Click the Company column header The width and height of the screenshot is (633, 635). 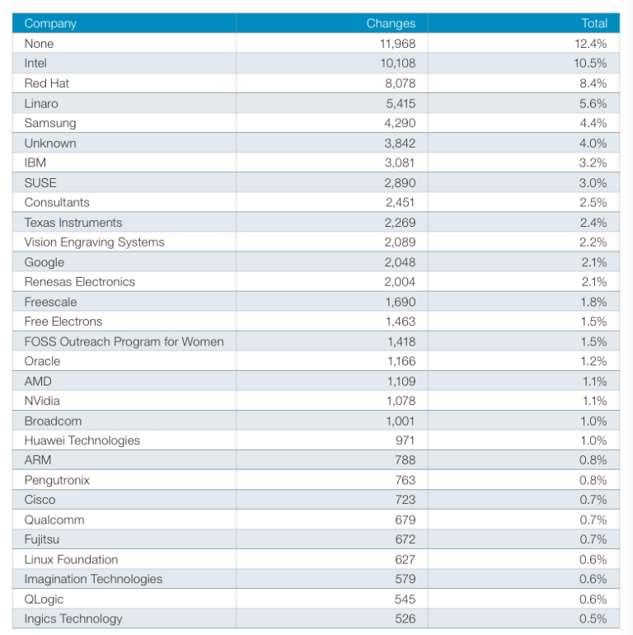pos(49,23)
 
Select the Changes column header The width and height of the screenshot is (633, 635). pos(391,23)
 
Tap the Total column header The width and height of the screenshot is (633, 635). pos(593,23)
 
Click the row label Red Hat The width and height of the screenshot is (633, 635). pos(46,83)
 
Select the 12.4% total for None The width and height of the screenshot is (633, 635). pos(593,44)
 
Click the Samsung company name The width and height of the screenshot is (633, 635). pos(50,123)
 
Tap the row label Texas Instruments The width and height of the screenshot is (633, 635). pos(73,223)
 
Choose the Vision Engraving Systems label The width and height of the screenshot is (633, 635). pos(94,242)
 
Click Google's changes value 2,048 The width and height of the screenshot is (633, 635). pos(400,262)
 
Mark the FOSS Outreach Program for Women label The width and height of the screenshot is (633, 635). pos(124,341)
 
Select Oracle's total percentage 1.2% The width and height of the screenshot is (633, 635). pos(593,361)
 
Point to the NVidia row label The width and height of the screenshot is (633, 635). pos(42,401)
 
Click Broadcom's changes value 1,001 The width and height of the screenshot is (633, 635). pos(401,421)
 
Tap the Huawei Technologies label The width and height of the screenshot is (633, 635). pos(82,440)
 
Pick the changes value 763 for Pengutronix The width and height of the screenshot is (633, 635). pos(406,480)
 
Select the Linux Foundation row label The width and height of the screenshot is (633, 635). pos(71,559)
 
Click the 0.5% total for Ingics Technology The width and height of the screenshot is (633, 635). pos(593,619)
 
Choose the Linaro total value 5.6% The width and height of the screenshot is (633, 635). pos(593,103)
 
